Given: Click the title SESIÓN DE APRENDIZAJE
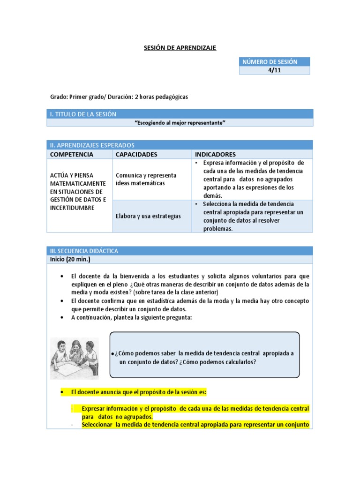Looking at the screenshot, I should pos(180,48).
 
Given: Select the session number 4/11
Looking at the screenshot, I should pos(274,70).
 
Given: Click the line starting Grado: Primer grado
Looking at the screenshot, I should pos(119,97).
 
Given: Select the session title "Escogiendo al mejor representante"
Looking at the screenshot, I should pos(180,122).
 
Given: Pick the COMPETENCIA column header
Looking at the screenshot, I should pos(72,154).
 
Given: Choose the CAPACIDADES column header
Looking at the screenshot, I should pos(136,154).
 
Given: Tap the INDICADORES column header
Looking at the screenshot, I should pos(215,154).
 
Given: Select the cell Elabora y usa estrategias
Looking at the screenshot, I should pos(142,216).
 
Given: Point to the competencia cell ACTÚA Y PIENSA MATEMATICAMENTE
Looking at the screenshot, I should pos(78,191).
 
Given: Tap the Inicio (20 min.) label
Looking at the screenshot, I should pos(70,259).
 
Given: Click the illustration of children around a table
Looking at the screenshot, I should pos(75,358).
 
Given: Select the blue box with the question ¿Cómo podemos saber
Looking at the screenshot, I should pos(204,355).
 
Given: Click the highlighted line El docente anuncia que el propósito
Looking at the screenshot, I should pos(138,391).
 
